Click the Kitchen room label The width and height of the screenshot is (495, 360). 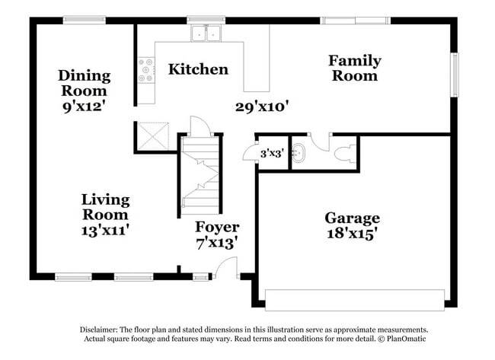[198, 69]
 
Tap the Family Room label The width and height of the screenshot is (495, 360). [354, 68]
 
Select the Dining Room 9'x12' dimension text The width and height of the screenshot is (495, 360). [83, 107]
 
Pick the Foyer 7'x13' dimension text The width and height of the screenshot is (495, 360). [216, 243]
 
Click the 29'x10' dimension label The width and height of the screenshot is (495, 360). [261, 107]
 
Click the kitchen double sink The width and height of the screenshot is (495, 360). [204, 33]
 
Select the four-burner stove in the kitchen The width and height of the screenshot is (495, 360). [144, 71]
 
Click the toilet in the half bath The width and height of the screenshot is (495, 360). [343, 154]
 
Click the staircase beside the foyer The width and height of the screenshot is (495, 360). [201, 172]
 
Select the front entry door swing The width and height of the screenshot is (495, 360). [225, 266]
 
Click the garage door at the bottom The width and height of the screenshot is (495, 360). [355, 296]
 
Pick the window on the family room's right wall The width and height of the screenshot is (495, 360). [455, 75]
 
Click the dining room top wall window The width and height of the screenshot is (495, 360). [84, 21]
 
